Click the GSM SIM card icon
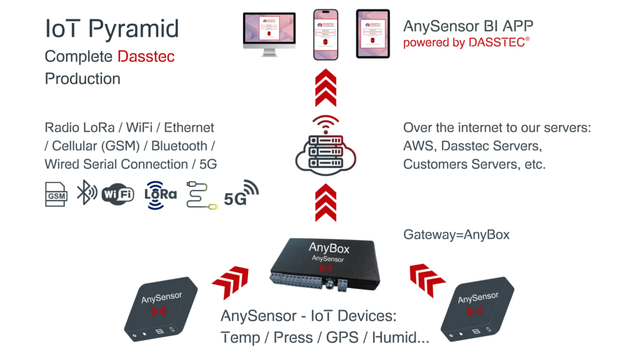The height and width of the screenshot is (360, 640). tap(57, 194)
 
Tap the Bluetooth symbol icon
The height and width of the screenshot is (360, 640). tap(86, 193)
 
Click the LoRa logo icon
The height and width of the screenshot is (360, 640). tap(161, 194)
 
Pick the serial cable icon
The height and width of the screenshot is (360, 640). tap(202, 195)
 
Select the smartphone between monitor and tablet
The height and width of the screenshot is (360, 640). tap(325, 34)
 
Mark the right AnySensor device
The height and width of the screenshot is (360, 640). tap(477, 309)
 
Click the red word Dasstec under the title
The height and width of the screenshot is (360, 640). tap(146, 57)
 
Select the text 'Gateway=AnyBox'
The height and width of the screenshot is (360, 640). tap(456, 235)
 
